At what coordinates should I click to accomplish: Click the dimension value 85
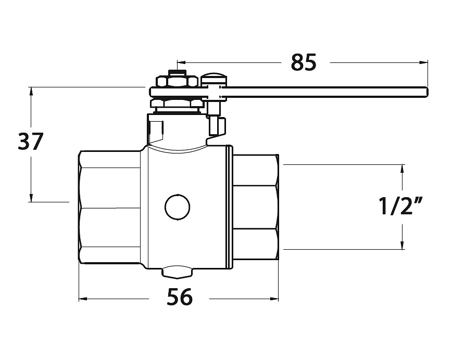(x=304, y=62)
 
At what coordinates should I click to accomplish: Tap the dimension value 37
(x=31, y=141)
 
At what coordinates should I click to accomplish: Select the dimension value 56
(x=180, y=297)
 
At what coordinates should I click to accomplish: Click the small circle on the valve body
(x=178, y=208)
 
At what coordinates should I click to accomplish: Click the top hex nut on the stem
(x=177, y=82)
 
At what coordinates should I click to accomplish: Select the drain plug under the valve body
(x=177, y=272)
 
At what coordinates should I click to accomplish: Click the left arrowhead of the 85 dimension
(x=181, y=62)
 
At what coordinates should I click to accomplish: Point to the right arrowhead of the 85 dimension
(x=424, y=62)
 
